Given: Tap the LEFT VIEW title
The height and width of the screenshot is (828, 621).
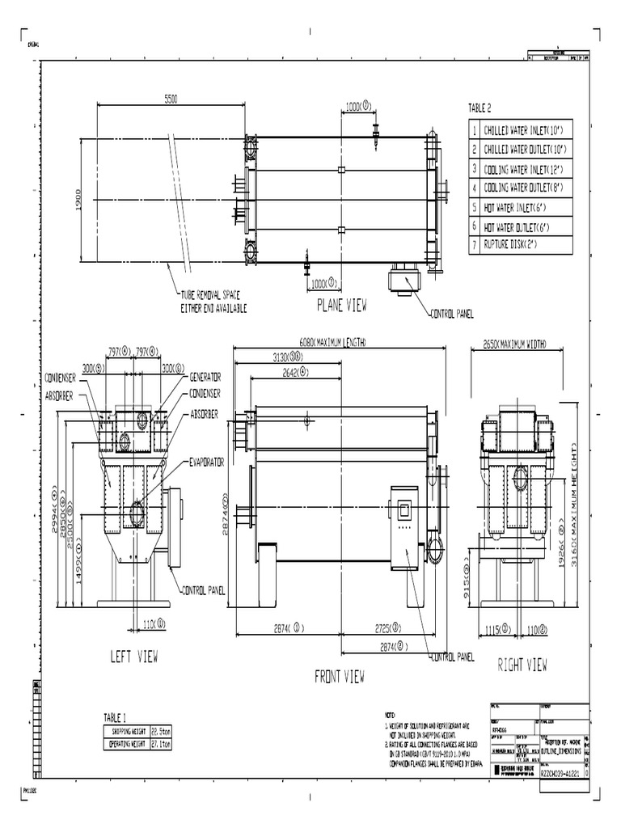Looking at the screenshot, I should (133, 656).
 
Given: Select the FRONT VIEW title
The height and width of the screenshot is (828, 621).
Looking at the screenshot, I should (340, 675).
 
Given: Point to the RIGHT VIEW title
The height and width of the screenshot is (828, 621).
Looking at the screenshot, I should (522, 665).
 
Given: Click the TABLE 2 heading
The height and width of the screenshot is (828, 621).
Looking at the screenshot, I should (479, 108).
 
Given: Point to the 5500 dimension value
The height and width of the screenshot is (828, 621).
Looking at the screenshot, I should (171, 98).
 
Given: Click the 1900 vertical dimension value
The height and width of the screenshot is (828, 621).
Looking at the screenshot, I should (70, 198).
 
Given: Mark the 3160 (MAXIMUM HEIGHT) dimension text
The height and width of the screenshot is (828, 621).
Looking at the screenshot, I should (576, 501).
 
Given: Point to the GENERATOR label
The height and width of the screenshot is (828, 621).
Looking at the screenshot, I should (205, 378).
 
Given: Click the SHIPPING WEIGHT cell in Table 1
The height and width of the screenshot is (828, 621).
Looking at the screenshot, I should (132, 731).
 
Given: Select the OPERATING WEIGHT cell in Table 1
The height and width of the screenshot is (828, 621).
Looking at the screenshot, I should (132, 741).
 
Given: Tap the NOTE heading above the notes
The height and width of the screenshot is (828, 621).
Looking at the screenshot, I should (391, 715).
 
